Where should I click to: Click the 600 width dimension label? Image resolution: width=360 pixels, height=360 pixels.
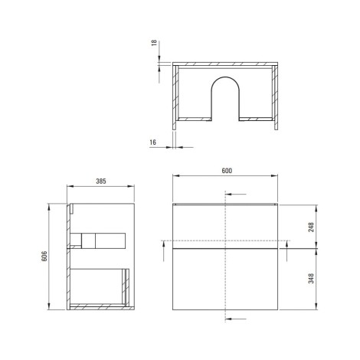click(x=227, y=171)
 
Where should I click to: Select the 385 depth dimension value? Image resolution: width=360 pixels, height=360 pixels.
click(x=101, y=182)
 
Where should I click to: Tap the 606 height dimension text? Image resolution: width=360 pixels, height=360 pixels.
click(x=44, y=256)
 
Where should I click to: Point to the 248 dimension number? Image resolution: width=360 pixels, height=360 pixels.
click(x=311, y=227)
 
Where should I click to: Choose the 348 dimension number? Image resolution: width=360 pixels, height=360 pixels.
click(x=311, y=278)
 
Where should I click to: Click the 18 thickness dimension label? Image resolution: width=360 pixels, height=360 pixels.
click(x=154, y=43)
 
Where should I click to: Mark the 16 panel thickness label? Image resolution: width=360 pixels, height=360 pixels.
click(x=152, y=142)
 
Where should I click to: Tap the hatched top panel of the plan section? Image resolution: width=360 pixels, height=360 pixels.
click(x=225, y=64)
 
